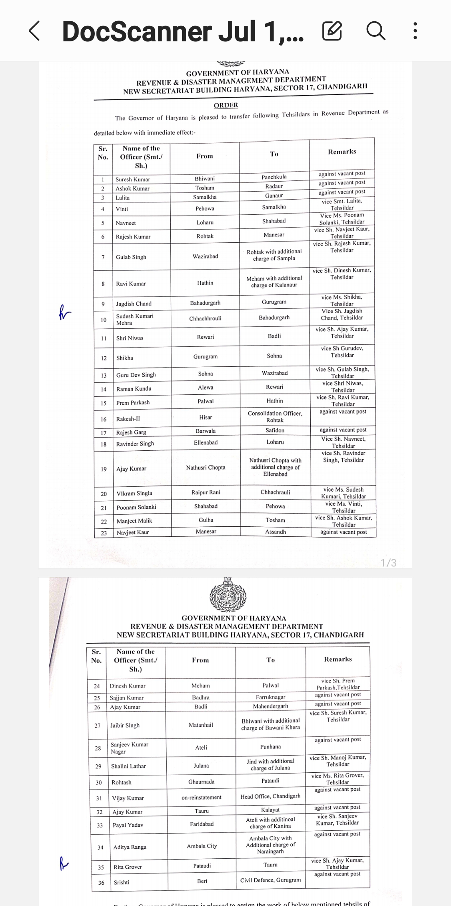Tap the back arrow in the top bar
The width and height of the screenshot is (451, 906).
tap(34, 31)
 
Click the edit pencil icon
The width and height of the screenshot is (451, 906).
tap(332, 31)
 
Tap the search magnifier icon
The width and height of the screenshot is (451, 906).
tap(375, 31)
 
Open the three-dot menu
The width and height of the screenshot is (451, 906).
tap(415, 31)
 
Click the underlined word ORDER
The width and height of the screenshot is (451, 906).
tap(226, 105)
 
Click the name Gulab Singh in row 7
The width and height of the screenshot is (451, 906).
tap(131, 257)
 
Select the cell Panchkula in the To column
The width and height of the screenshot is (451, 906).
tap(274, 177)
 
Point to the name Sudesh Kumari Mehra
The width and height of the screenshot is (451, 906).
tap(134, 320)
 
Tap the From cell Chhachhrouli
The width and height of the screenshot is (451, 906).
tap(205, 319)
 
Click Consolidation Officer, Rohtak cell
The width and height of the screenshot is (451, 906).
tap(275, 417)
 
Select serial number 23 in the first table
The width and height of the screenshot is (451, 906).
tap(104, 533)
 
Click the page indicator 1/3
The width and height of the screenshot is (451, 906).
tap(388, 563)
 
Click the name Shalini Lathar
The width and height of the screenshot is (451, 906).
tap(128, 766)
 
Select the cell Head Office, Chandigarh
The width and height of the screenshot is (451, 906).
tap(270, 797)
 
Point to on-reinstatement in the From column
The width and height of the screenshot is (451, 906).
tap(201, 797)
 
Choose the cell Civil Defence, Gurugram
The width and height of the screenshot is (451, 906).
tap(270, 880)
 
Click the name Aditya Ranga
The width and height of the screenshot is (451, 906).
tap(130, 847)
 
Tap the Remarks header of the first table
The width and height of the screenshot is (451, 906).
tap(342, 152)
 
